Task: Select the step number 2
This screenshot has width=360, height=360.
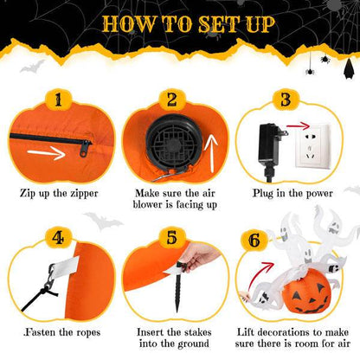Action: (x=172, y=101)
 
